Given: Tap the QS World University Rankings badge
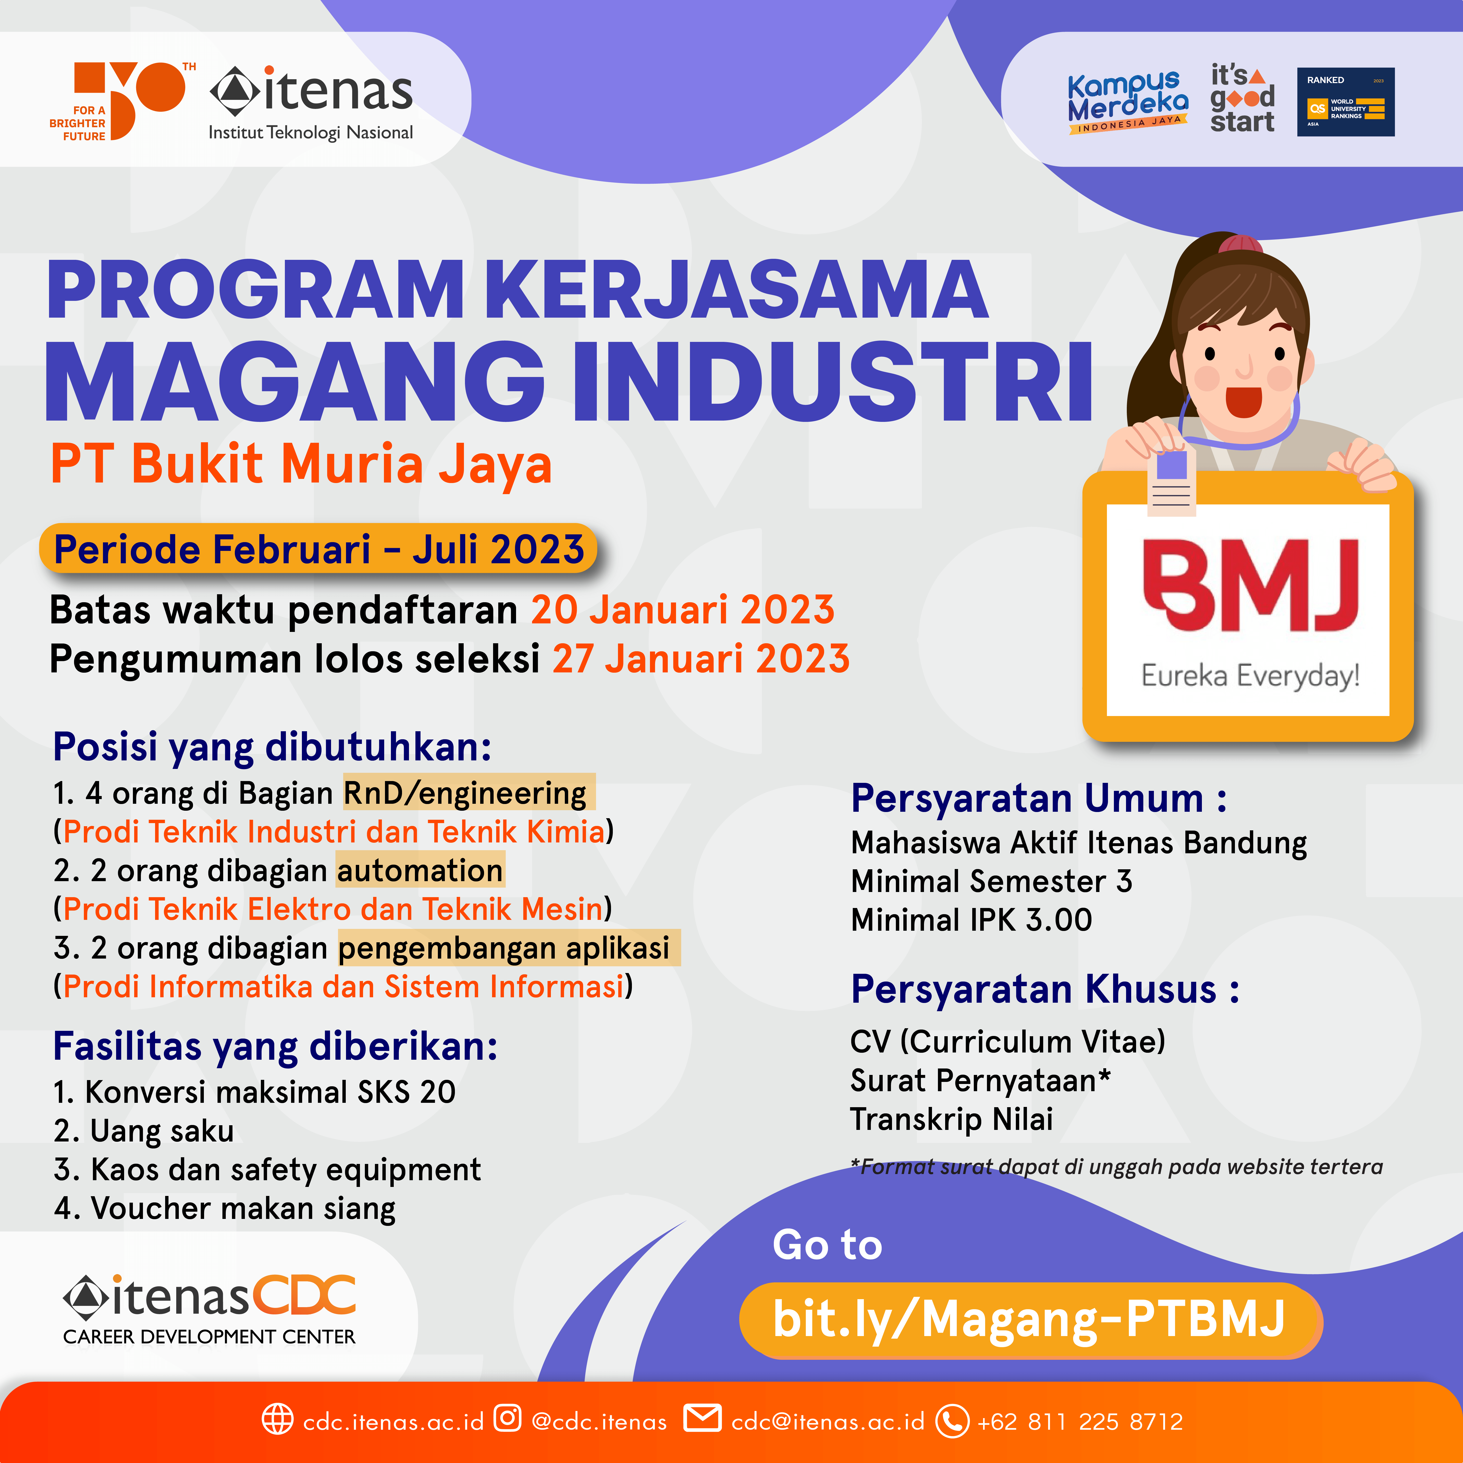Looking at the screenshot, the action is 1346,102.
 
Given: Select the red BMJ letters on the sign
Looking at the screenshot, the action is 1250,585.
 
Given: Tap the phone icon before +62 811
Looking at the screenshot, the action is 952,1421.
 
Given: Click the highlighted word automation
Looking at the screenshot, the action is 420,871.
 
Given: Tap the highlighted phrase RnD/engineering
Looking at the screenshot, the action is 469,793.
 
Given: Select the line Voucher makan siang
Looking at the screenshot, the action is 225,1209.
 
